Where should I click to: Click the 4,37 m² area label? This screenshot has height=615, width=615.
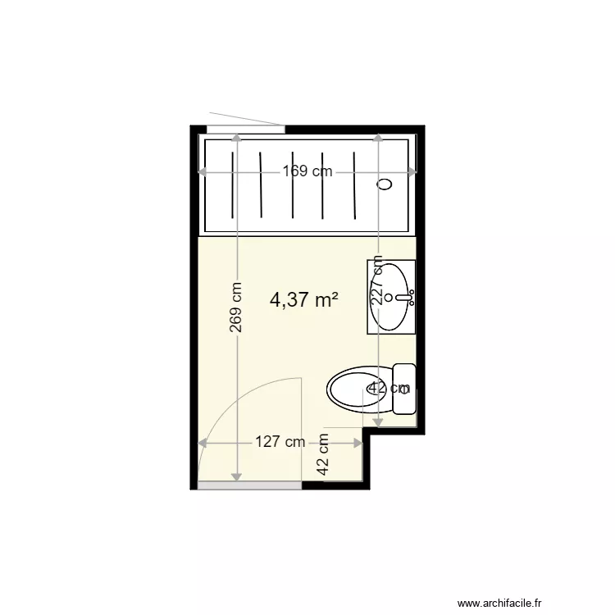point(304,300)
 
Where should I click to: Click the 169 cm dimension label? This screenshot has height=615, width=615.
point(307,171)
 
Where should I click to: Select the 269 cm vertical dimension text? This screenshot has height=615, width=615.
point(235,307)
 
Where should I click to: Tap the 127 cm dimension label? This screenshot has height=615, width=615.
point(280,442)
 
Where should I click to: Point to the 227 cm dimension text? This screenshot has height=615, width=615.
point(377,280)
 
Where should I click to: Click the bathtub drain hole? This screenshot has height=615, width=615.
point(385,184)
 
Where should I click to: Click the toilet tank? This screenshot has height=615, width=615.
point(404,389)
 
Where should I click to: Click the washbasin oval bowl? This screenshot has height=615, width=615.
point(389,297)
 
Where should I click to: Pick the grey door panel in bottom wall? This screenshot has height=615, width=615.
point(249,485)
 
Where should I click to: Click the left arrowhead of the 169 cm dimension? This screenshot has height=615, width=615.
point(202,171)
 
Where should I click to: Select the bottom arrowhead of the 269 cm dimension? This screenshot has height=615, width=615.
point(236,476)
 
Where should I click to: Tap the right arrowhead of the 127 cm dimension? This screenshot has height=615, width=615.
point(358,443)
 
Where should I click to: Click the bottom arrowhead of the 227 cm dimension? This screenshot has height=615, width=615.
point(377,422)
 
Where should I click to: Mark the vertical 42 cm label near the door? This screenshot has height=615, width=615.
point(323,454)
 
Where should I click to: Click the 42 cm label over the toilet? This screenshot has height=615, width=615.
point(389,388)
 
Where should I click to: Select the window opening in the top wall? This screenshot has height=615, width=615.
point(245,130)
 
